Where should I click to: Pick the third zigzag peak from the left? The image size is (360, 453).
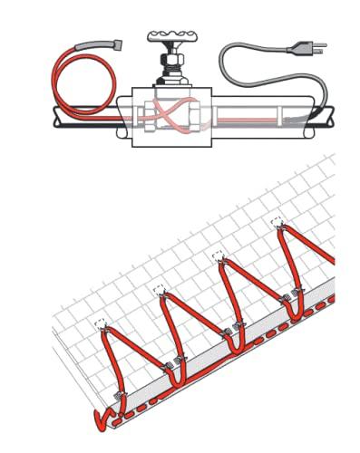tap(219, 257)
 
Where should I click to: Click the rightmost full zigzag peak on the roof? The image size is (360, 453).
tap(276, 226)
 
